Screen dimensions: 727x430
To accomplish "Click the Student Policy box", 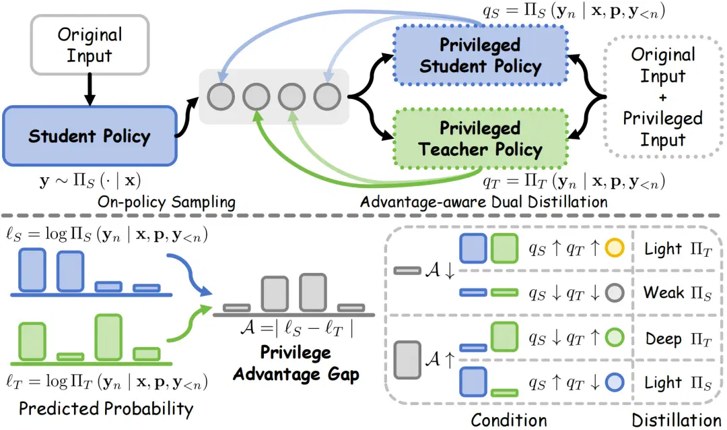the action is pos(90,136).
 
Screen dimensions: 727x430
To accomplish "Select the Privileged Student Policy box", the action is pos(480,55).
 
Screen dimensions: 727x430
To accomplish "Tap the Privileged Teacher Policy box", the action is pos(480,138).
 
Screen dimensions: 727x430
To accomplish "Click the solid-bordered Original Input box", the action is pos(90,44).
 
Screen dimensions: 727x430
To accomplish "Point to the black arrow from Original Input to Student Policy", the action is pos(90,90).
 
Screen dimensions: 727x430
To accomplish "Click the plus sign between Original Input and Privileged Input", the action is pos(663,98).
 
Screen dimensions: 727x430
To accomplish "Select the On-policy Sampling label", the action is pos(166,202).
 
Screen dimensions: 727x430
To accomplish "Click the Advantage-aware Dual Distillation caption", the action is pos(484,202).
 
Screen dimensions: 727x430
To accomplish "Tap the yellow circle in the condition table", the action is pos(615,248).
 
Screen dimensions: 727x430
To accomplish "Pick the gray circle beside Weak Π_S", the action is pos(615,293).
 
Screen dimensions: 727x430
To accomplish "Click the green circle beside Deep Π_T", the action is pos(615,338).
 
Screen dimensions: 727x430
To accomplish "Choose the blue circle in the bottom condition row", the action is pos(615,382).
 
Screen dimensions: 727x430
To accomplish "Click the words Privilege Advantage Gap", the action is pos(296,363).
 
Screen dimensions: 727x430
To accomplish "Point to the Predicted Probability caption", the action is pos(106,408).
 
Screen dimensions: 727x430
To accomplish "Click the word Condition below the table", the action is pos(509,421).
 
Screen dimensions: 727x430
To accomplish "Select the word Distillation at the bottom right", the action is pos(677,421).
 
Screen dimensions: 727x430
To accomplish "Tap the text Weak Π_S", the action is pos(677,293).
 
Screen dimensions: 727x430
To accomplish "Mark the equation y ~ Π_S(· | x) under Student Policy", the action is pos(90,180).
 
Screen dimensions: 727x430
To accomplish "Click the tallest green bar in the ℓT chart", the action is pos(108,338).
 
